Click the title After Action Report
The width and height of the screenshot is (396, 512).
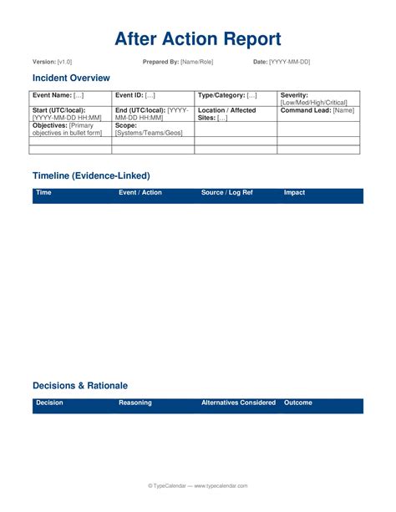click(198, 38)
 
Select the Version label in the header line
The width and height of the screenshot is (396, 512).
click(44, 63)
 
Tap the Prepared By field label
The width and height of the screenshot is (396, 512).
click(161, 63)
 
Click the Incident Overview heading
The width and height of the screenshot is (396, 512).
click(71, 78)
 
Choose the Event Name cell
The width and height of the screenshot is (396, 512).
click(70, 97)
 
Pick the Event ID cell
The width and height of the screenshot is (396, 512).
click(153, 97)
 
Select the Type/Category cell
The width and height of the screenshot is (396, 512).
click(236, 97)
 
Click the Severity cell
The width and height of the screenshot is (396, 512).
click(318, 99)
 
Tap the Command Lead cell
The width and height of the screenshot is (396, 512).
click(318, 110)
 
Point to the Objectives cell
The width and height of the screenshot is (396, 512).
click(70, 129)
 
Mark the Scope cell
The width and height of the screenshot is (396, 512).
click(153, 129)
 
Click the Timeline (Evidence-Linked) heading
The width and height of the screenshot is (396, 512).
click(91, 176)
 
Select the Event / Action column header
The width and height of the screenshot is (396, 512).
click(140, 193)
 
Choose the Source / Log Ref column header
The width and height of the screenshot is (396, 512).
click(226, 193)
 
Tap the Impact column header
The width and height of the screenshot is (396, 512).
click(295, 193)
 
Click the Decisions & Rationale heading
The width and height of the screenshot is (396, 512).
click(80, 386)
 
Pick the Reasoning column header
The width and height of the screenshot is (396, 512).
click(135, 403)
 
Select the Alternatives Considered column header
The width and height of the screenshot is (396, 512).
click(238, 403)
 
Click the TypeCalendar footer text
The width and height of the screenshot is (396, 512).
click(198, 485)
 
